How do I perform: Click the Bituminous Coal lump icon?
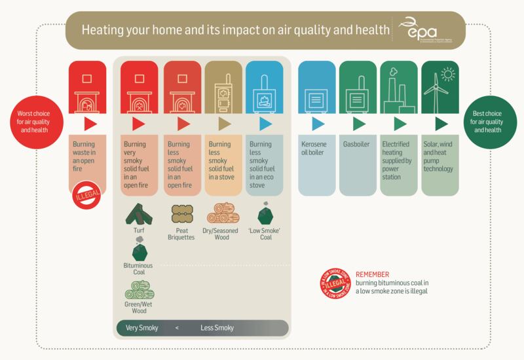[139, 250]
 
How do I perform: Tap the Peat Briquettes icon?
[180, 213]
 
